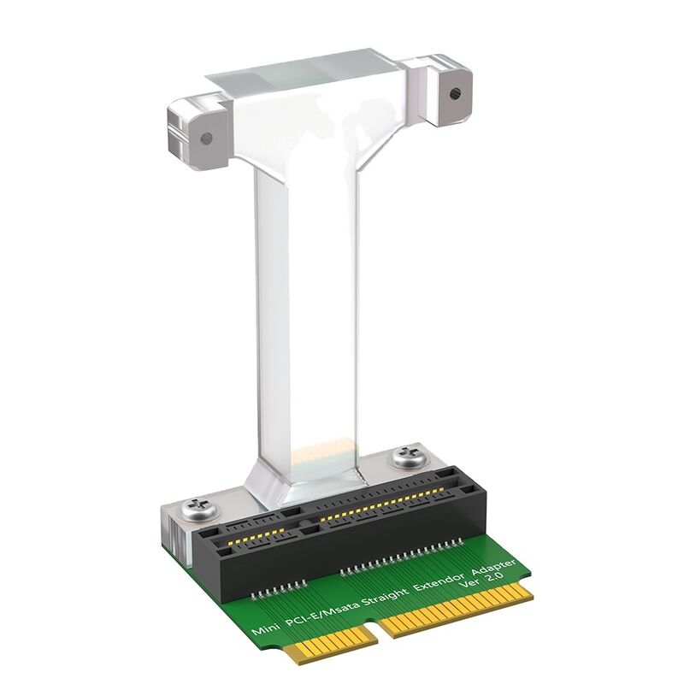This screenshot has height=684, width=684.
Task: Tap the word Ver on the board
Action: click(469, 587)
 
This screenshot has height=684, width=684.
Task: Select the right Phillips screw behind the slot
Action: click(405, 459)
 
